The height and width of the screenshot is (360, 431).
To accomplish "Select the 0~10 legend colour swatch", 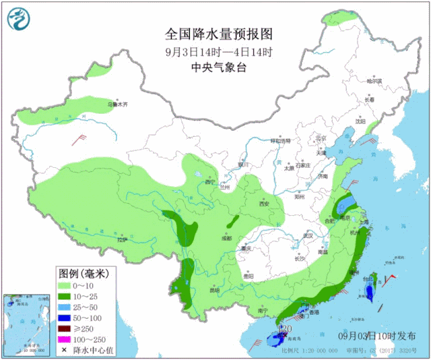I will pyautogui.click(x=67, y=286).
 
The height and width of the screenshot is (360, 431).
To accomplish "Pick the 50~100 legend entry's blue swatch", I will pyautogui.click(x=67, y=318).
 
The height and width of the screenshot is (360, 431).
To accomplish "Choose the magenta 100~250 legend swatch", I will pyautogui.click(x=67, y=340).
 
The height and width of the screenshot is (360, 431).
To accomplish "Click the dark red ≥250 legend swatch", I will pyautogui.click(x=67, y=329).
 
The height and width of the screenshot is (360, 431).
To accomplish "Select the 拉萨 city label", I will pyautogui.click(x=121, y=240).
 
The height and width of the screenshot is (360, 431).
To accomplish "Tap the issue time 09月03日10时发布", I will pyautogui.click(x=376, y=335).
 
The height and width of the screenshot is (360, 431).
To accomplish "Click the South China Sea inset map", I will pyautogui.click(x=26, y=324).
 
